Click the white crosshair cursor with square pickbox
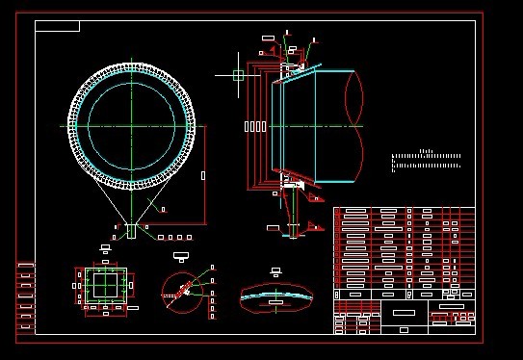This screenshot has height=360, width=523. (x=238, y=74)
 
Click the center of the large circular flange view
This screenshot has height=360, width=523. (x=132, y=126)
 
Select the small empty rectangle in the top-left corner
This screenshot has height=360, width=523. (x=57, y=26)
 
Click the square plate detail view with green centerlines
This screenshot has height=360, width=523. (x=105, y=288)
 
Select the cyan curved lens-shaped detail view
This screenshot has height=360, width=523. (x=276, y=295)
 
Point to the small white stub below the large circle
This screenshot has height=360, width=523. (x=132, y=231)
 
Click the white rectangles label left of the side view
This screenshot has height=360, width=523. (x=255, y=126)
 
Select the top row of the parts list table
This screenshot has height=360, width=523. (x=404, y=211)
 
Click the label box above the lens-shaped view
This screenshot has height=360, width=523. (x=277, y=270)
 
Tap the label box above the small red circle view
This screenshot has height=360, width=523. (x=179, y=257)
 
